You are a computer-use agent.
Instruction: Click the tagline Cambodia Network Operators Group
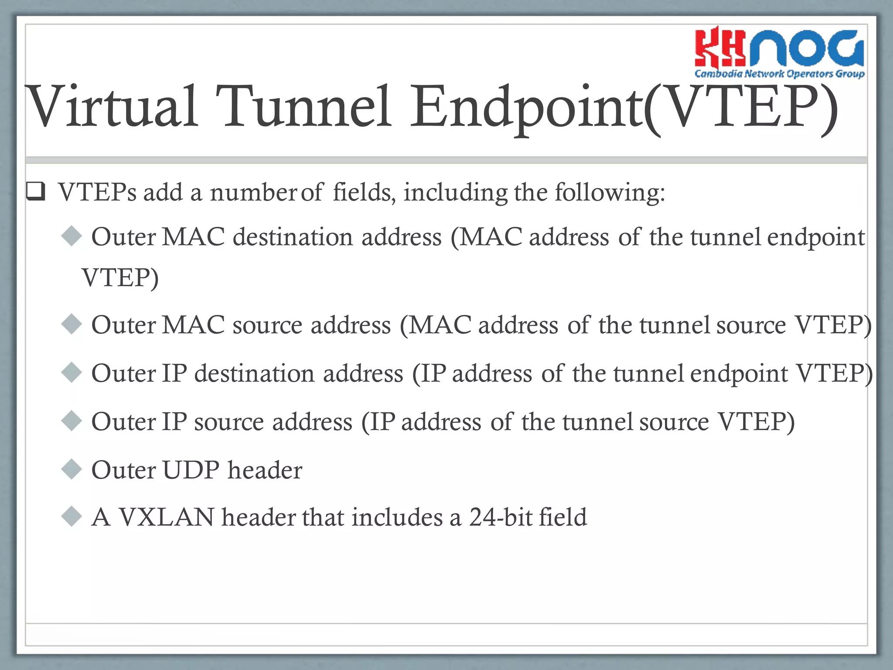779,73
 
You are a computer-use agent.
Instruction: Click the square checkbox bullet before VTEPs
36,192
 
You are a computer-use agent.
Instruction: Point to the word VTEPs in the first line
97,192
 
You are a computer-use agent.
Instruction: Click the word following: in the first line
610,192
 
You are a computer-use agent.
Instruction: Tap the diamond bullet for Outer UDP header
72,469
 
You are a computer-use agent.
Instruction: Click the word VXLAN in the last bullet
167,518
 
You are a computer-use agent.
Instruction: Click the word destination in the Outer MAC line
293,237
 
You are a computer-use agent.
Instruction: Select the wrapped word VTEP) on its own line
120,277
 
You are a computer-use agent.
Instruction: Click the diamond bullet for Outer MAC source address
72,324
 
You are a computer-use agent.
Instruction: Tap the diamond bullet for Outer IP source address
72,421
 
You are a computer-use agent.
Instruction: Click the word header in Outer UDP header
265,470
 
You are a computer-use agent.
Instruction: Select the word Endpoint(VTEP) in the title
624,107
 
